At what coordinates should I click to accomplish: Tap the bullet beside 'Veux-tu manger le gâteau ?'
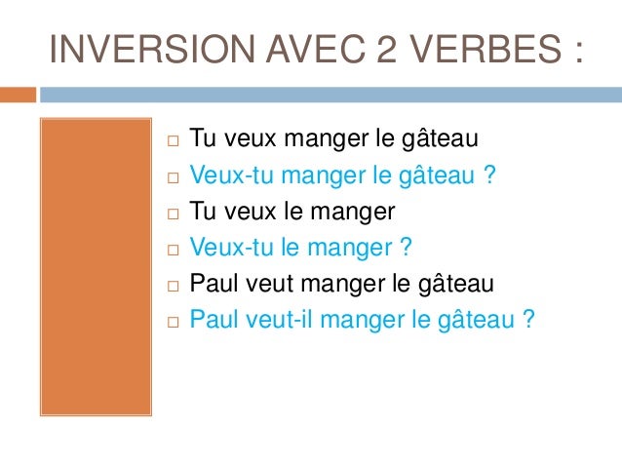172,178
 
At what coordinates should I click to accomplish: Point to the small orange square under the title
18,96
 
